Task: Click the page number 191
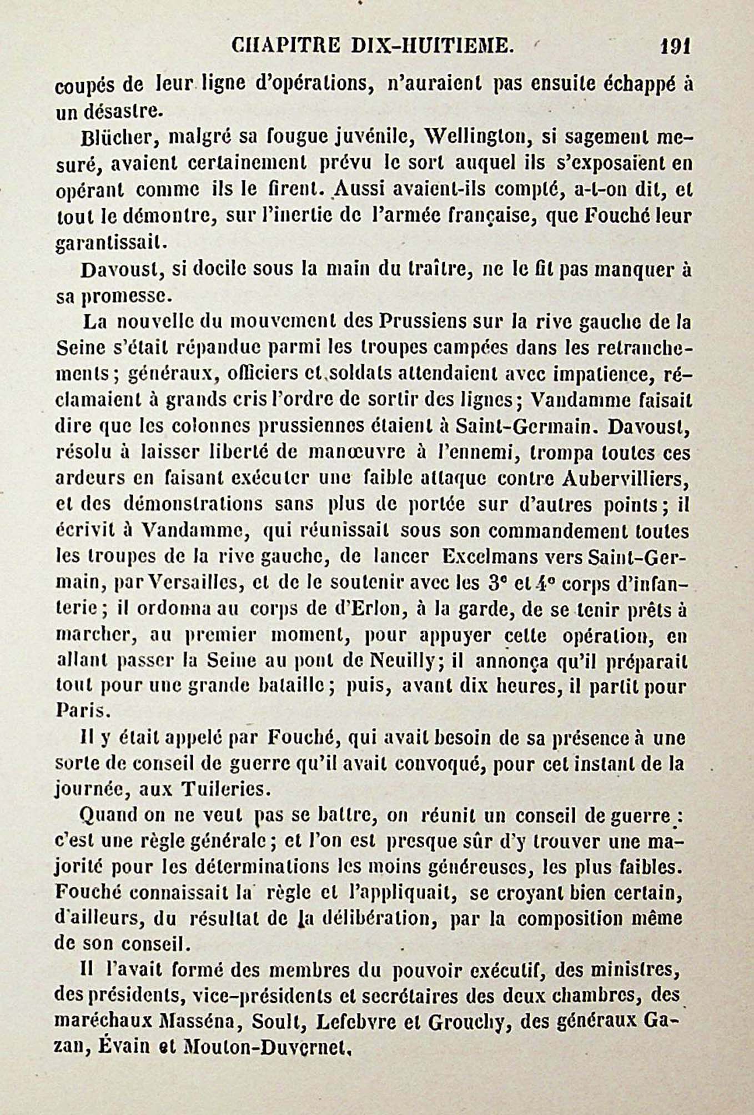tap(675, 45)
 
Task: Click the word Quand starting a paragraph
tap(109, 816)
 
